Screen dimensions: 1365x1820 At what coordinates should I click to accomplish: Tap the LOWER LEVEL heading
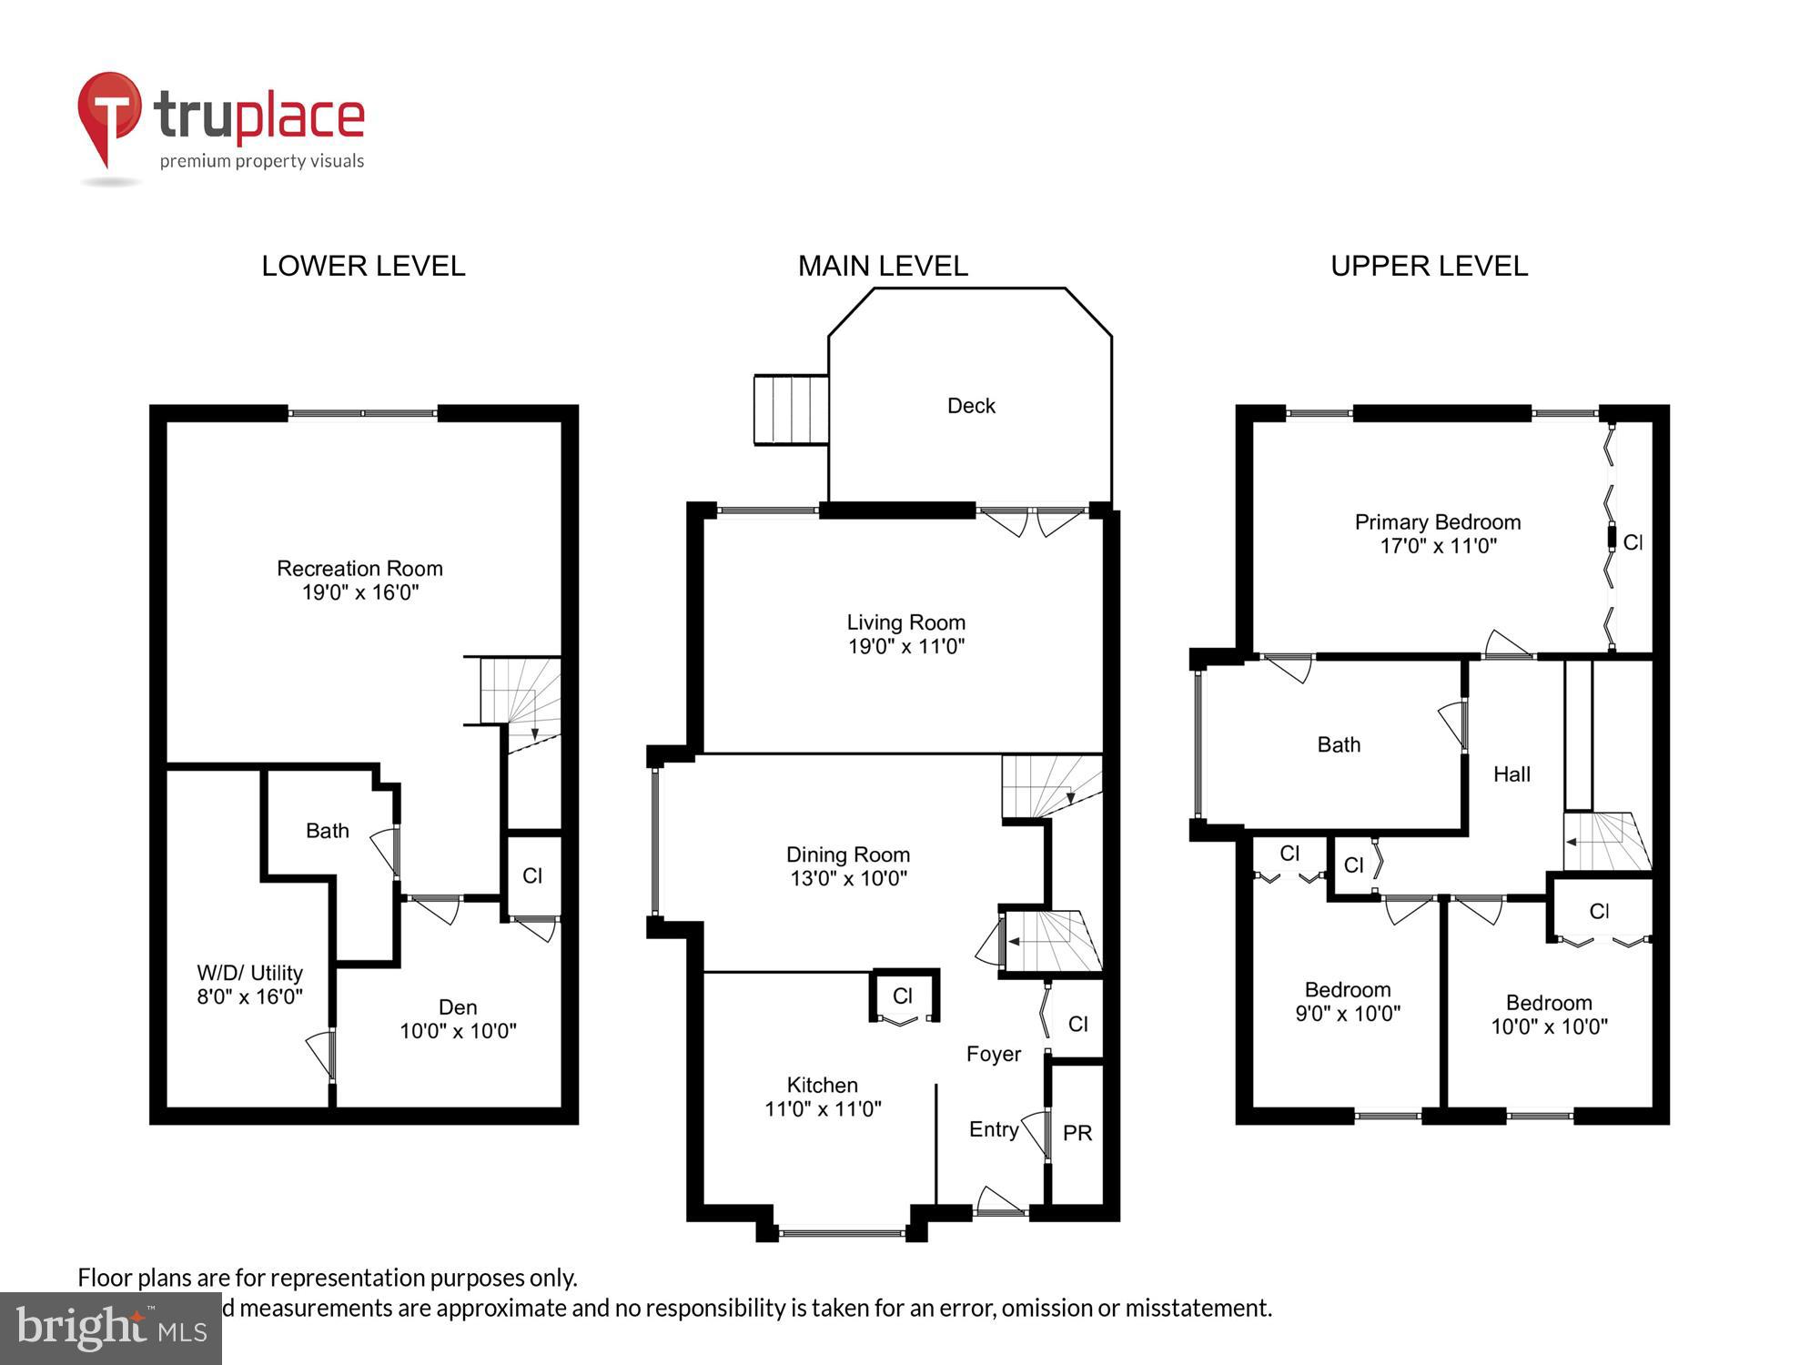[363, 266]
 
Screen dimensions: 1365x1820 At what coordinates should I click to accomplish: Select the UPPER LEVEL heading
[1429, 266]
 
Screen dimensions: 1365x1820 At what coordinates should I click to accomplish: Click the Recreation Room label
[359, 569]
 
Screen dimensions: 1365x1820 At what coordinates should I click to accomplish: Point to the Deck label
[971, 406]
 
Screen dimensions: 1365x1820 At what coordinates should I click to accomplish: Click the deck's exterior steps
[791, 409]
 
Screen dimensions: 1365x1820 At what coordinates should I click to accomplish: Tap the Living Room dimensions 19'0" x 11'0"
[905, 647]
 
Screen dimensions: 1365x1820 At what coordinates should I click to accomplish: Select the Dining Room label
[847, 854]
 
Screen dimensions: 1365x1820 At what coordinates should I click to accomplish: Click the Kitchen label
[822, 1085]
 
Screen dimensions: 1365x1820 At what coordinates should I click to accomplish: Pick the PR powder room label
[1077, 1133]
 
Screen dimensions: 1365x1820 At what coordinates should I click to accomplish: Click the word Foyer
[993, 1054]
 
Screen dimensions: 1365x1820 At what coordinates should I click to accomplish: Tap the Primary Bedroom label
[1437, 522]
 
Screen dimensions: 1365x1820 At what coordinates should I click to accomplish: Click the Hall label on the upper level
[1512, 774]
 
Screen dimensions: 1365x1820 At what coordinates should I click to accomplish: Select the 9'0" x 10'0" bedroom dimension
[1347, 1014]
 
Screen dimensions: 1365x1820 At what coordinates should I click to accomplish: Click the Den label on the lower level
[457, 1007]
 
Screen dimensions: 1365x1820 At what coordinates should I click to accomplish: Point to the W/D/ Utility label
[249, 973]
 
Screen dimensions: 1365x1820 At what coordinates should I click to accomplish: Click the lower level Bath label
[327, 831]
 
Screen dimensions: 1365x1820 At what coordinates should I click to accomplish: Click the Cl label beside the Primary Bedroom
[1633, 542]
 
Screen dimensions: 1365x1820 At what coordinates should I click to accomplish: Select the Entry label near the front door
[993, 1129]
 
